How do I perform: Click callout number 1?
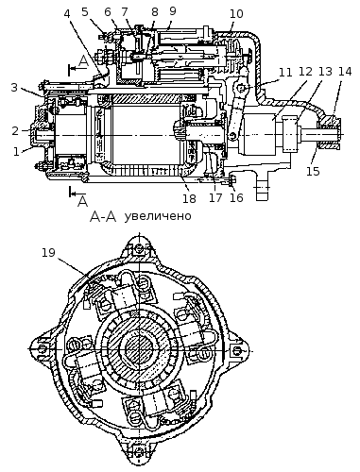tap(16, 152)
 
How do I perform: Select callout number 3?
tap(14, 88)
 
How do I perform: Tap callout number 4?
tap(67, 13)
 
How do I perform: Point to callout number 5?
tap(85, 12)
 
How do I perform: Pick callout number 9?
tap(172, 11)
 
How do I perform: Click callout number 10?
tap(236, 14)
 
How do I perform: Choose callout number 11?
tap(285, 72)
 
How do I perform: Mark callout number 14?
tap(345, 72)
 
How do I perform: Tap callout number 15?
tap(313, 171)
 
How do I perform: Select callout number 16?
tap(236, 197)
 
